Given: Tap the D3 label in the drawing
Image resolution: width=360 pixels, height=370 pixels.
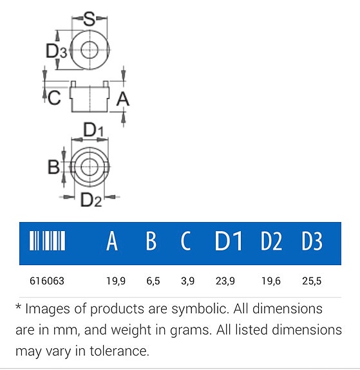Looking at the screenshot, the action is tap(56, 51).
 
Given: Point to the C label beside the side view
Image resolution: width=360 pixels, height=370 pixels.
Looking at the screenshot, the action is tap(54, 98).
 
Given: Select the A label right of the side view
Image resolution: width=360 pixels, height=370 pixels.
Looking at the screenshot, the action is tap(123, 99).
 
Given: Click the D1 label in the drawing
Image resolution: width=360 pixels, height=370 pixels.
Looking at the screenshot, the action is tap(93, 130).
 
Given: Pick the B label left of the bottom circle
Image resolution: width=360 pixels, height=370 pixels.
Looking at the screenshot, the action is tap(53, 167).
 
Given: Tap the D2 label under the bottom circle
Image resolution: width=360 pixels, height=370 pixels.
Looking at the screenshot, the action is tap(91, 199).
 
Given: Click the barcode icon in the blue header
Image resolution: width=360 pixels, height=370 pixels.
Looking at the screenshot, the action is tap(47, 241).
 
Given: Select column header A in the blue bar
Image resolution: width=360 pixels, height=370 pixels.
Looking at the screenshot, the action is tap(112, 241).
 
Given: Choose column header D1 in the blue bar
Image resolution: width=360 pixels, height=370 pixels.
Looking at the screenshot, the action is tap(229, 241).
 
